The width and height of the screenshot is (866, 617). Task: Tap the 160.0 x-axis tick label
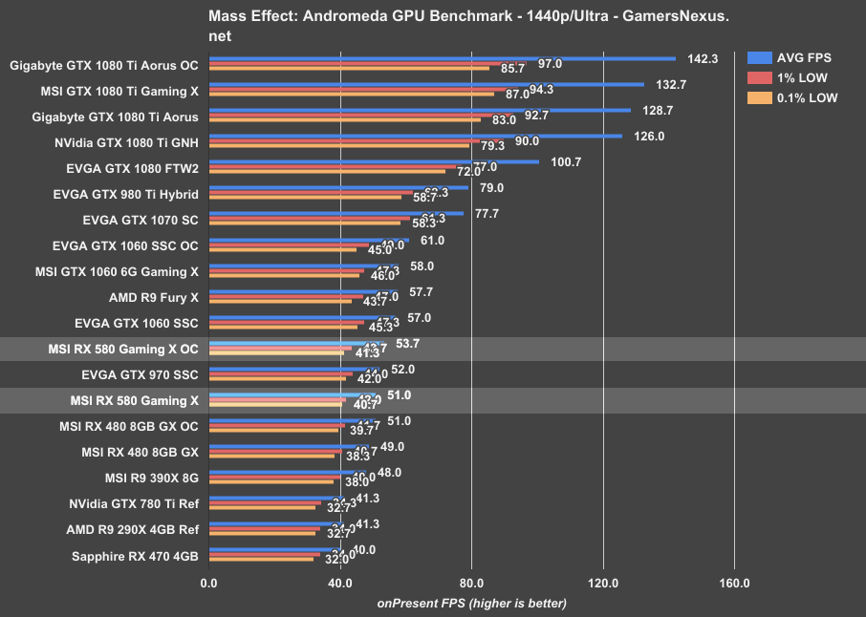click(x=733, y=583)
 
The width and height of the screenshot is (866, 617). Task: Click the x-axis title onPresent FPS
click(x=471, y=603)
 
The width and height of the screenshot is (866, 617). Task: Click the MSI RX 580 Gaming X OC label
click(x=122, y=350)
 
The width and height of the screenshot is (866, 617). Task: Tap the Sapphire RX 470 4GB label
click(x=135, y=556)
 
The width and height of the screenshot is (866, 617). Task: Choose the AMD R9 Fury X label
click(x=153, y=298)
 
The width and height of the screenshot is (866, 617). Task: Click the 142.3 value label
click(x=703, y=58)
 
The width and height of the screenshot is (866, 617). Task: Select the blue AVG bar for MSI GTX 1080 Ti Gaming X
click(x=426, y=84)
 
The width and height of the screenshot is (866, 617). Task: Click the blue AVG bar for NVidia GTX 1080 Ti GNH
click(x=415, y=136)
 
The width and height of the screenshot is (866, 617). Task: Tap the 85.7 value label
click(x=512, y=69)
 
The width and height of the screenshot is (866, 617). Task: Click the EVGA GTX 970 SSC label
click(x=140, y=375)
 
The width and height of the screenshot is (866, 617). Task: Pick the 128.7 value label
click(x=658, y=110)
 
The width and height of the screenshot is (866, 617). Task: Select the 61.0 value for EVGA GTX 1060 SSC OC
click(x=432, y=240)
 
